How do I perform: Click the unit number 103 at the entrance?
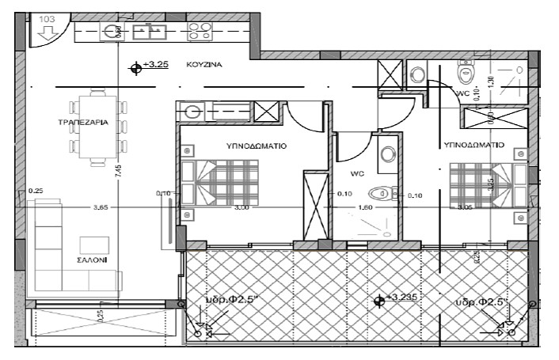pos(47,17)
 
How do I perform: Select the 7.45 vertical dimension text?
pos(118,171)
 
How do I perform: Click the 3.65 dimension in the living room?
pos(101,208)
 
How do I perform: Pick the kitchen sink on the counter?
pos(148,32)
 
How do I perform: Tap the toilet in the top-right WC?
pos(466,74)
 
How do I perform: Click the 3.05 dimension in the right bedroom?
pos(470,208)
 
